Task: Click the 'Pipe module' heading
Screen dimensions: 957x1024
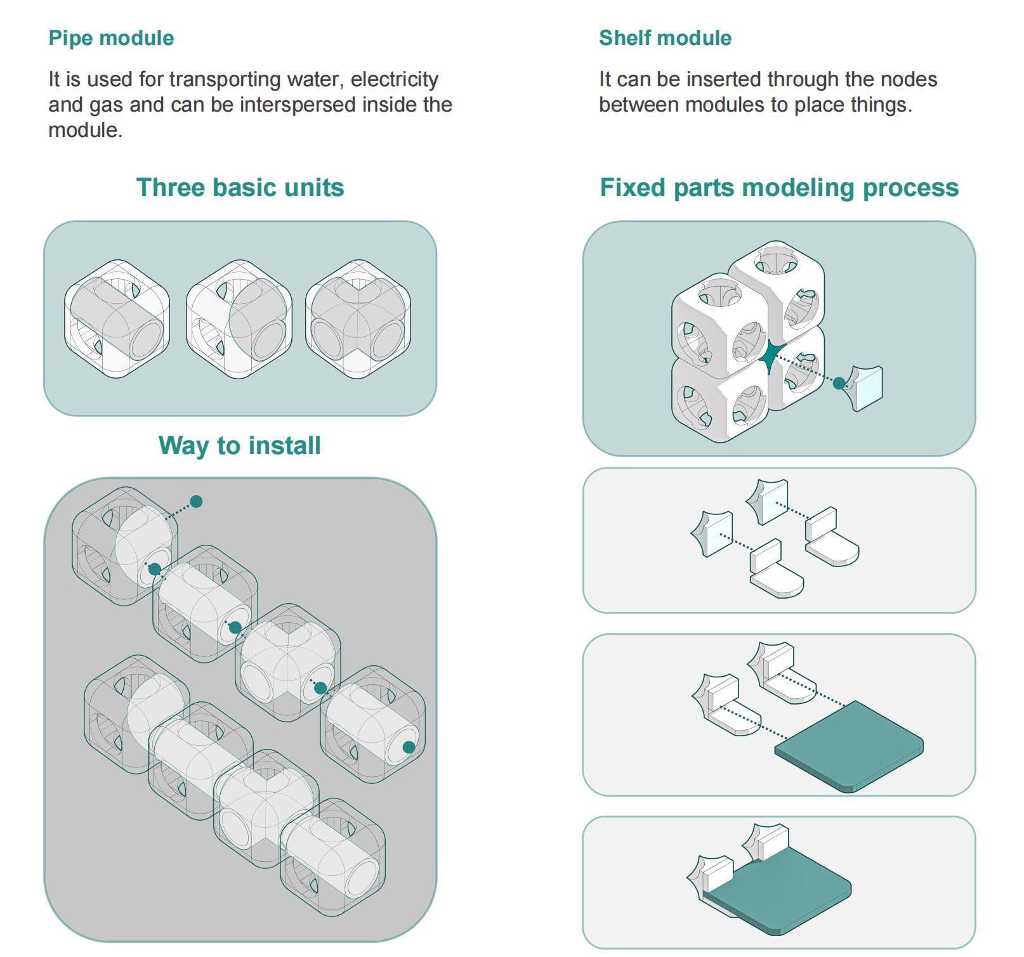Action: pyautogui.click(x=111, y=38)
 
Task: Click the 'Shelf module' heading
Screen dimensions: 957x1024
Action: pyautogui.click(x=665, y=38)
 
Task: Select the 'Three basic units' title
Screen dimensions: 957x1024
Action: pyautogui.click(x=240, y=188)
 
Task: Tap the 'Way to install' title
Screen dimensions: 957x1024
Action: pyautogui.click(x=240, y=445)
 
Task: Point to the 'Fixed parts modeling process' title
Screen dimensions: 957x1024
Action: pyautogui.click(x=779, y=188)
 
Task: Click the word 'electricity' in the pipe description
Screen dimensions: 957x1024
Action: pyautogui.click(x=395, y=79)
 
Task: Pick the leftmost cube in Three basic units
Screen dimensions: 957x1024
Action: pyautogui.click(x=117, y=318)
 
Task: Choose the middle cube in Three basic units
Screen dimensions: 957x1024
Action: pyautogui.click(x=239, y=318)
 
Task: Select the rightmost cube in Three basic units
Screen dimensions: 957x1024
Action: pyautogui.click(x=358, y=318)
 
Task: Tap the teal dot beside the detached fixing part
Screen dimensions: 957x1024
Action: pyautogui.click(x=839, y=383)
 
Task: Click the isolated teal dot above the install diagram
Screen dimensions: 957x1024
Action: pyautogui.click(x=197, y=502)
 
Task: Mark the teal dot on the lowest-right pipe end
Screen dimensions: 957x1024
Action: pyautogui.click(x=409, y=748)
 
